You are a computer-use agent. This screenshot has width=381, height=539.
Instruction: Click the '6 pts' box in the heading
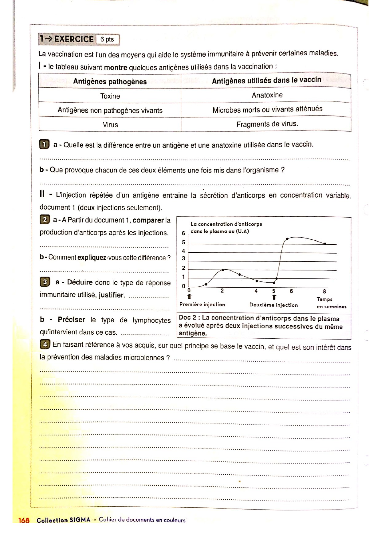(107, 39)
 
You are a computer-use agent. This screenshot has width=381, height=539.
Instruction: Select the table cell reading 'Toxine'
(110, 96)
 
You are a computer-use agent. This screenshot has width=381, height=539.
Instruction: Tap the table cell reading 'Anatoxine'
(267, 95)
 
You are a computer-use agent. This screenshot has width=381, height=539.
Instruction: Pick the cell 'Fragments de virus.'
(267, 124)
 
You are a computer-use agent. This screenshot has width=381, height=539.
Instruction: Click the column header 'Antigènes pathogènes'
(110, 81)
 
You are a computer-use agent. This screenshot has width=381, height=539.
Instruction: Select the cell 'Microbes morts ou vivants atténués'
(267, 109)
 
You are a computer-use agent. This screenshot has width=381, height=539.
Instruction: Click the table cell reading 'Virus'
(110, 124)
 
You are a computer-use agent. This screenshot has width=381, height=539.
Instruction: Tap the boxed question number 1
(44, 144)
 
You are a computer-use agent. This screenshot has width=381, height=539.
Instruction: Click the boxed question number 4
(45, 344)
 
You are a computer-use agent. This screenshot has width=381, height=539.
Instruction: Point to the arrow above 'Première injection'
(189, 297)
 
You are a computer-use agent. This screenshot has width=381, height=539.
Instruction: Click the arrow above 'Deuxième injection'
(274, 297)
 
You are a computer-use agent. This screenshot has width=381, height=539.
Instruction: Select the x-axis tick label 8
(324, 291)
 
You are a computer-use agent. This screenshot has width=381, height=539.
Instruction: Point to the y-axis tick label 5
(183, 242)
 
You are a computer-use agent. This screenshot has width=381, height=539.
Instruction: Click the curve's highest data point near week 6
(287, 238)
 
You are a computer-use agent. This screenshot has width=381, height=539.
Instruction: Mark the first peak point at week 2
(223, 270)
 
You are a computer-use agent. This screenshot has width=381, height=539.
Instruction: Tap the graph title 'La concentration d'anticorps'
(226, 224)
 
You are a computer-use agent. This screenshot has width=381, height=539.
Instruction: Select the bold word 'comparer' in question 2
(148, 220)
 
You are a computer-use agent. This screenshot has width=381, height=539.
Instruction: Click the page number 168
(24, 520)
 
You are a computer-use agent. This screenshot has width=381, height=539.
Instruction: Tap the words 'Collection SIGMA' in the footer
(63, 520)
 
